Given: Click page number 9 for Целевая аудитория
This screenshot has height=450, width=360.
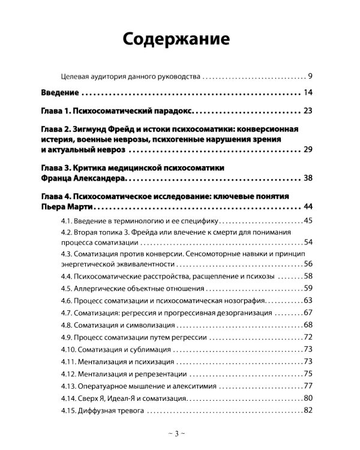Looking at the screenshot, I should pos(311,76).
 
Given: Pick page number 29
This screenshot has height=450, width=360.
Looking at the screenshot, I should pos(308,148).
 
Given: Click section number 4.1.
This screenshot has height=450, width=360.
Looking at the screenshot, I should pos(67,221).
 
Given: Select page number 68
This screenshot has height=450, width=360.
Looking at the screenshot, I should pos(308,325).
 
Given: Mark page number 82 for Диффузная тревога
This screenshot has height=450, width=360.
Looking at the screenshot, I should pos(308,410).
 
